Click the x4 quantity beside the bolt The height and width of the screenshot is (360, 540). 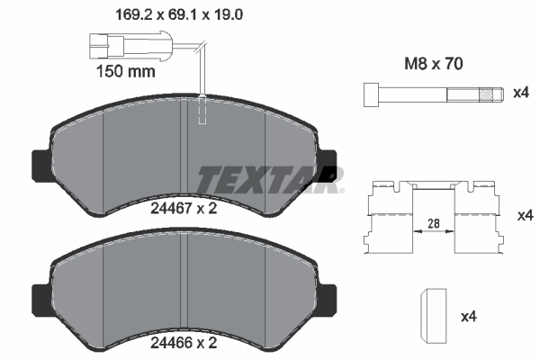pos(521,94)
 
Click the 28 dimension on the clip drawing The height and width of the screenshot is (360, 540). pos(433,223)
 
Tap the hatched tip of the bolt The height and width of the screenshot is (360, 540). pos(489,94)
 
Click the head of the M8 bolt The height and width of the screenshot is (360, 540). pos(370,94)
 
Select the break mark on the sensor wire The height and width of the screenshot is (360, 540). pos(203,48)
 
